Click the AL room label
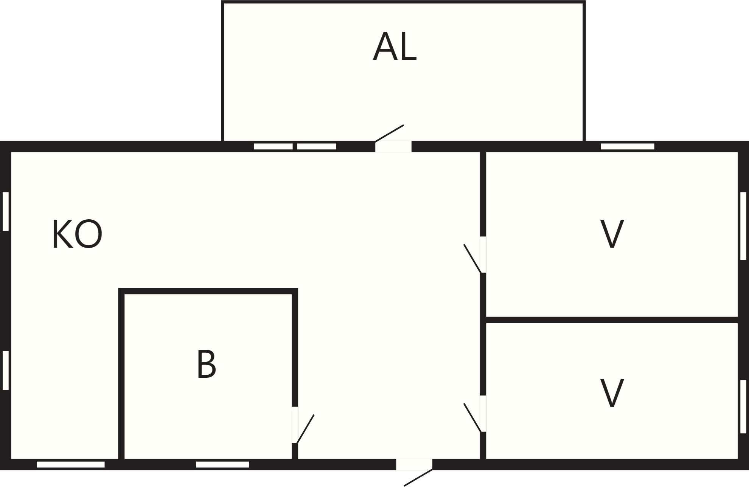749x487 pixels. pos(395,47)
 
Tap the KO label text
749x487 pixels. pos(77,234)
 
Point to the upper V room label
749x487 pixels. pos(612,234)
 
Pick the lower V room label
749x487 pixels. pos(612,393)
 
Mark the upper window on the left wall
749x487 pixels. pos(6,211)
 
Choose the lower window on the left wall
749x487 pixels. pos(6,371)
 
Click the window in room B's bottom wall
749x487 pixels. pos(222,464)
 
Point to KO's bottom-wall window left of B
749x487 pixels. pos(71,464)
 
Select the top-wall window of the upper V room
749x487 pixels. pos(628,146)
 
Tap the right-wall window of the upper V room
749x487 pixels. pos(743,226)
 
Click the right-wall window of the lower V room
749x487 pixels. pos(743,406)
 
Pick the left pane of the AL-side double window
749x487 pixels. pos(273,146)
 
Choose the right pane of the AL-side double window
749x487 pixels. pos(317,146)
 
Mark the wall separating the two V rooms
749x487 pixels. pos(612,320)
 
